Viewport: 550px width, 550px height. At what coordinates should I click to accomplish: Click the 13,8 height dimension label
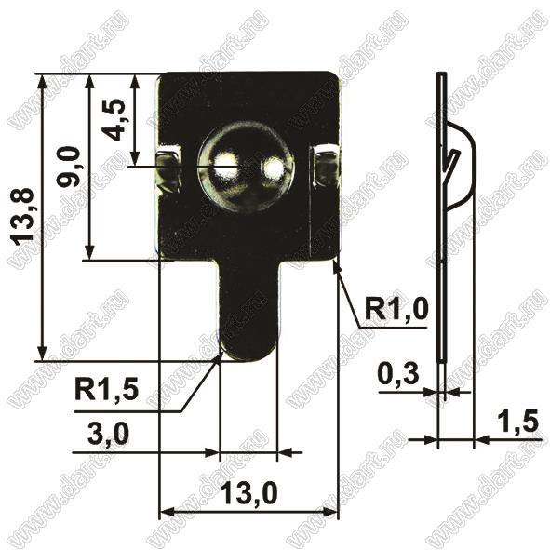coord(22,214)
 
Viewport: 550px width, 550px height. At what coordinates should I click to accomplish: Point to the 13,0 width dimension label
coord(249,492)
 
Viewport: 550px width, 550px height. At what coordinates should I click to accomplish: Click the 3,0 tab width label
coord(108,434)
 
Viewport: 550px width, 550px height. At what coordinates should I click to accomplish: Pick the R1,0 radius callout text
coord(396,309)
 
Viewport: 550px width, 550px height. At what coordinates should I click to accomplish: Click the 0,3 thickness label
coord(398,374)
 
